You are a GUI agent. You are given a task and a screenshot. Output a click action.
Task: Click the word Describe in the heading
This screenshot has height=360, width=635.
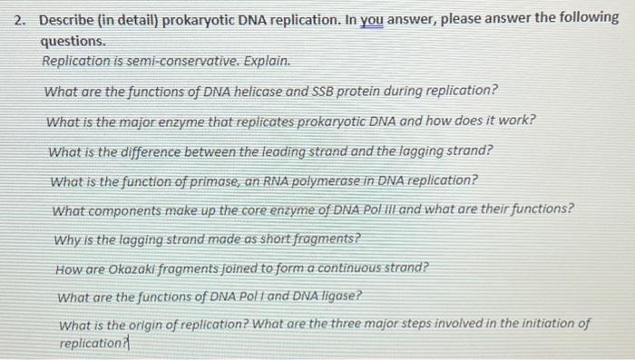coord(69,20)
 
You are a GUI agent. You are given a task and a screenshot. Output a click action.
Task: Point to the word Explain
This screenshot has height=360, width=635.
coord(269,61)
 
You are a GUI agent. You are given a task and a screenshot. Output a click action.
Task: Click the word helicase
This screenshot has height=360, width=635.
coord(258,92)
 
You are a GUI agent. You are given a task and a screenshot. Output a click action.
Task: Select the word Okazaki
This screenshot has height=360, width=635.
coord(133,268)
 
